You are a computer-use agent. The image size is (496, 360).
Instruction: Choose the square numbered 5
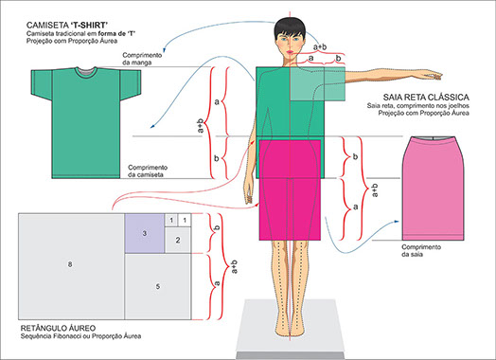click(x=157, y=284)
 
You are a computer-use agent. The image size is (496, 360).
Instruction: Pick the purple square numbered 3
click(x=145, y=233)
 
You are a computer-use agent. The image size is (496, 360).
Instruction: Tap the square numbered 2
click(x=177, y=241)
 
